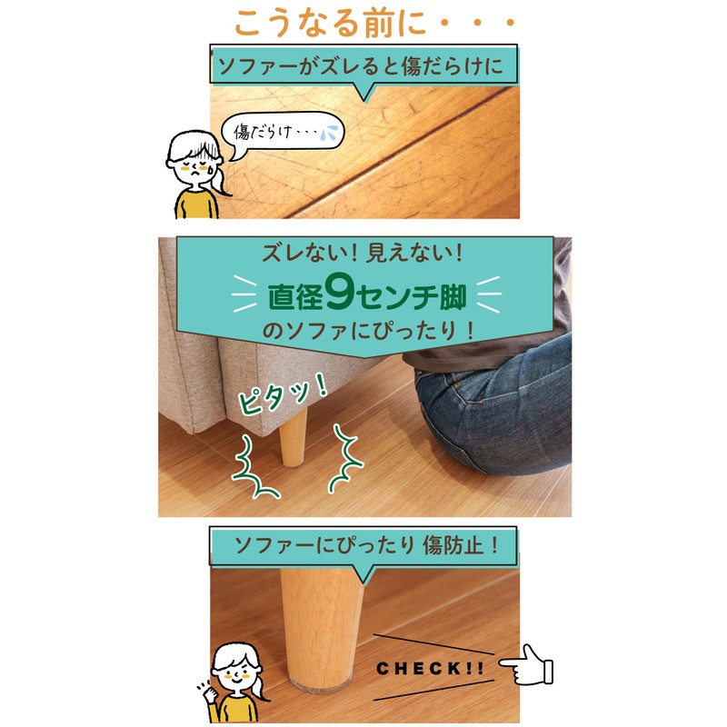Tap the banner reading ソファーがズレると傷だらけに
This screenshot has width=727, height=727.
pos(363,66)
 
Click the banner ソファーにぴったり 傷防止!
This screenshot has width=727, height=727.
pos(363,546)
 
